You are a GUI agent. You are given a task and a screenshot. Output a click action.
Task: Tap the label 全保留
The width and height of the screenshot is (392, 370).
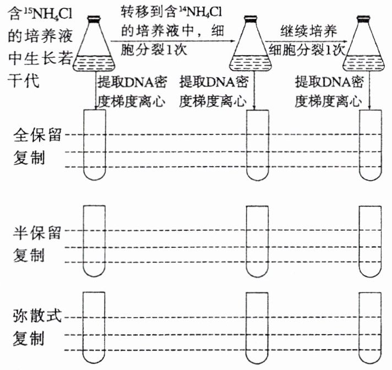click(x=38, y=135)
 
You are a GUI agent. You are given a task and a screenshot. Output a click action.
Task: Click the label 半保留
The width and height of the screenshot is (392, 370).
click(x=38, y=232)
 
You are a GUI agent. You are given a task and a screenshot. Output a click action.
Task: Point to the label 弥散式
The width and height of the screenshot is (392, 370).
click(x=38, y=318)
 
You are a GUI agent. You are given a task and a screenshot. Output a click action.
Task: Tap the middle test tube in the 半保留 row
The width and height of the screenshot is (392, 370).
click(x=257, y=240)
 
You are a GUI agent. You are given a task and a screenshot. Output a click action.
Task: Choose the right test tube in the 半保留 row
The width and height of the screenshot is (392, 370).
click(x=369, y=240)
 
